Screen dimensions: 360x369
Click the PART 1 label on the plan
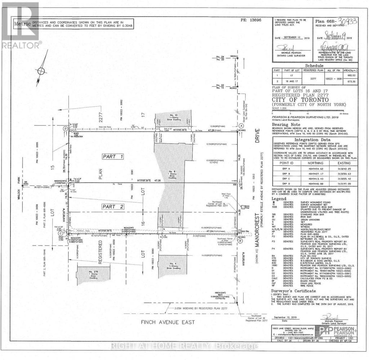pyautogui.click(x=113, y=157)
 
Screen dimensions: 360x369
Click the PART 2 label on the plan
pyautogui.click(x=113, y=206)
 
